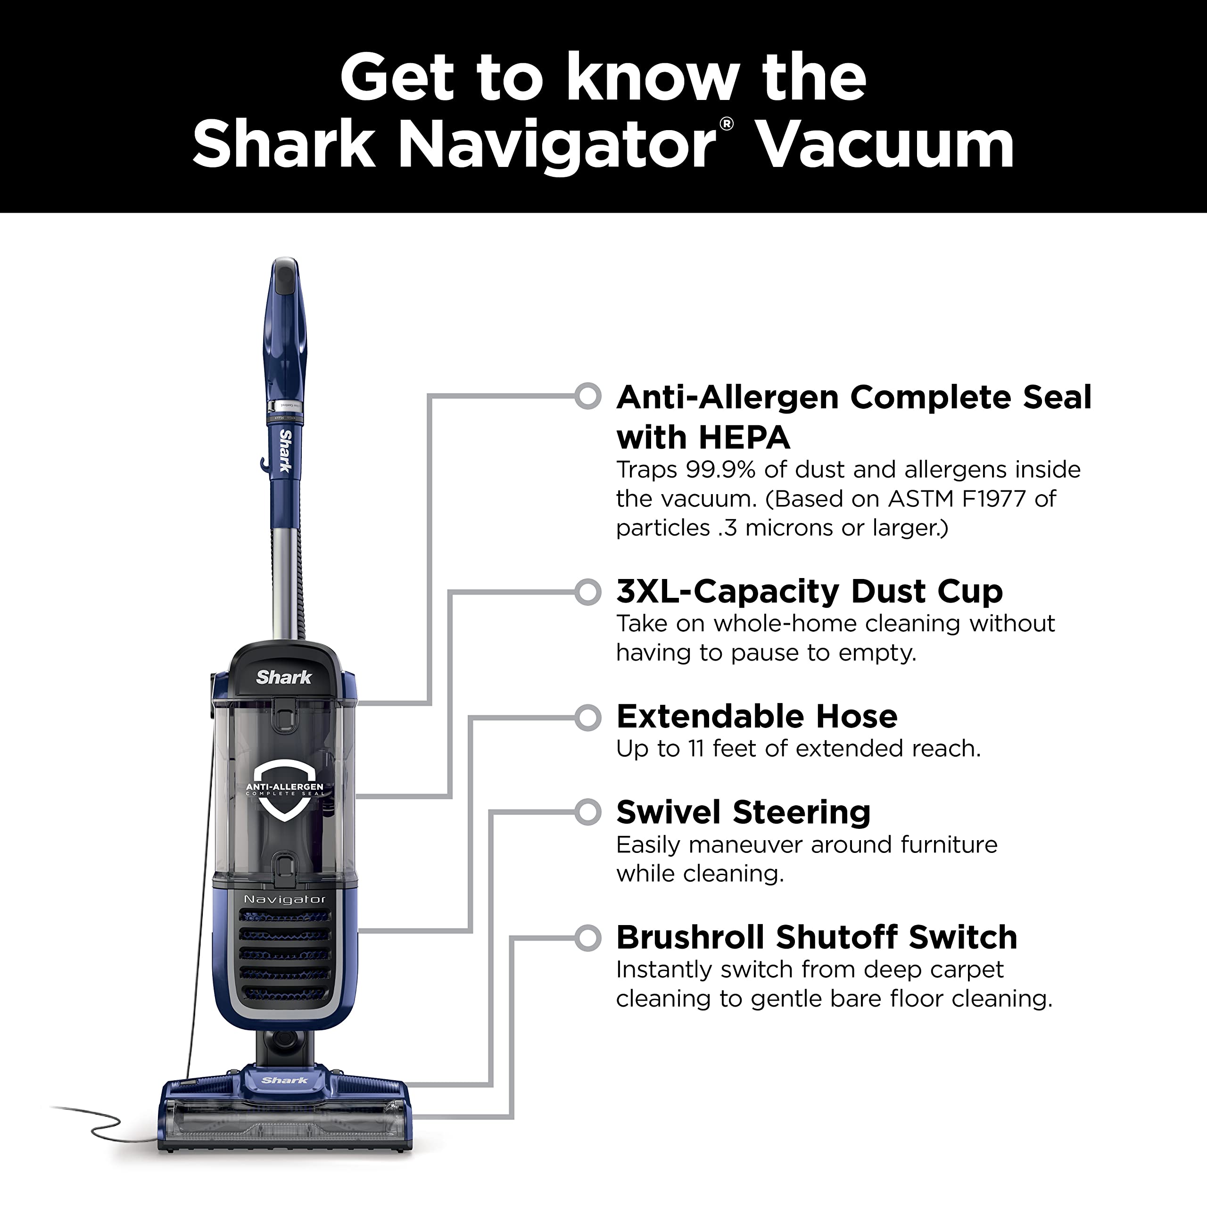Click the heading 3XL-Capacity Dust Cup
[810, 590]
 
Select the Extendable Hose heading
[757, 716]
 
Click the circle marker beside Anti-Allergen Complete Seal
[588, 396]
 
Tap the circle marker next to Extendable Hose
[588, 717]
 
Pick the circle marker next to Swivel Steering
[588, 812]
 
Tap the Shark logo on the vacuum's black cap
[284, 677]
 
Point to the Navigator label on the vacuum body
[285, 899]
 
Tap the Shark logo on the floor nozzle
[285, 1080]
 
